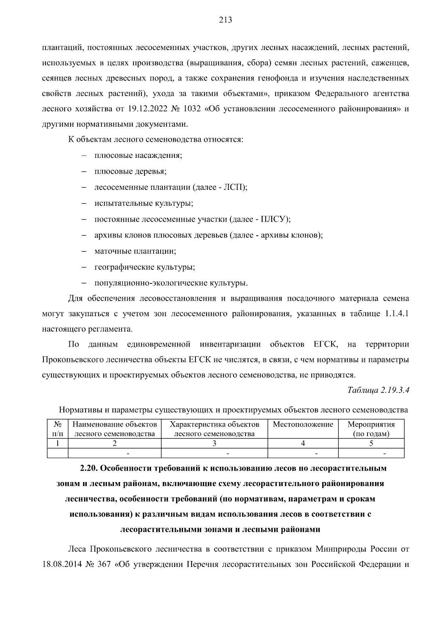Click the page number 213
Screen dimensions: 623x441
click(x=225, y=20)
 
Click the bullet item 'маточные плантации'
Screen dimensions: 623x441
click(x=135, y=251)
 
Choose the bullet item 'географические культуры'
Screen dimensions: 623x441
click(x=144, y=267)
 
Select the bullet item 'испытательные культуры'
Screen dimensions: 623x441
click(x=144, y=203)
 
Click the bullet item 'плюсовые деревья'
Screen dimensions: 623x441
click(x=130, y=171)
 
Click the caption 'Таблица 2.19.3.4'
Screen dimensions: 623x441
click(x=378, y=390)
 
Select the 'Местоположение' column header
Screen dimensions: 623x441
click(x=303, y=425)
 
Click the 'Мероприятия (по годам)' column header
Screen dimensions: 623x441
click(x=371, y=429)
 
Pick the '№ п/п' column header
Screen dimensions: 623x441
click(x=58, y=429)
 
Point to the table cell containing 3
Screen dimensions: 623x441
click(x=214, y=443)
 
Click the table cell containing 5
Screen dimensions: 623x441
click(x=371, y=443)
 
